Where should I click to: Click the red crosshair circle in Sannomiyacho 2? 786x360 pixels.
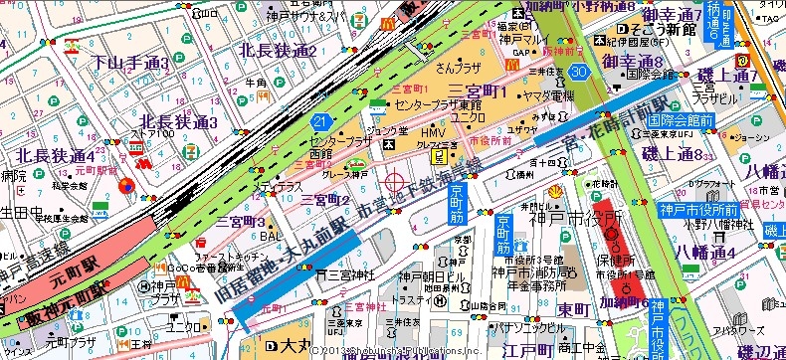pyautogui.click(x=395, y=183)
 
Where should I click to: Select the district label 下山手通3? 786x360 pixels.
pyautogui.click(x=130, y=63)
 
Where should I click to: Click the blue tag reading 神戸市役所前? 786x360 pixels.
pyautogui.click(x=697, y=210)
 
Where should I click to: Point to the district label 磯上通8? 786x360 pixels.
pyautogui.click(x=673, y=152)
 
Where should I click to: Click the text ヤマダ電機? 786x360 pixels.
pyautogui.click(x=549, y=95)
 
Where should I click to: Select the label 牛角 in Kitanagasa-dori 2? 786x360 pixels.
pyautogui.click(x=257, y=84)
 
